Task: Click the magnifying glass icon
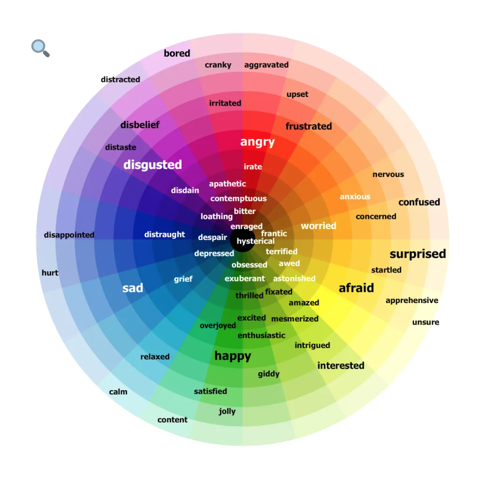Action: (x=40, y=48)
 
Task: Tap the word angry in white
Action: (x=257, y=142)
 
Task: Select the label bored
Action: (x=177, y=53)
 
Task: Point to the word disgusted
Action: (x=153, y=165)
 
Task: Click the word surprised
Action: (x=417, y=254)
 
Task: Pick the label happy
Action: (x=233, y=356)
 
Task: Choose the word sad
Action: (x=133, y=288)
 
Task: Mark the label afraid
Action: (x=356, y=288)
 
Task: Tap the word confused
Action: (x=419, y=202)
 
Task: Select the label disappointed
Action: (x=69, y=235)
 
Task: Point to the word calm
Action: (x=118, y=392)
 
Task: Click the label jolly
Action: (x=227, y=411)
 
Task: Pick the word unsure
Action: (x=425, y=322)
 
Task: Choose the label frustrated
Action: (x=309, y=126)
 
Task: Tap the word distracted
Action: (x=120, y=79)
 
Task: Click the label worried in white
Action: (x=318, y=226)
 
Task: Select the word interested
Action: (x=341, y=366)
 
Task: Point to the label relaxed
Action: (x=155, y=357)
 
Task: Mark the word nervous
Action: (x=388, y=174)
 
